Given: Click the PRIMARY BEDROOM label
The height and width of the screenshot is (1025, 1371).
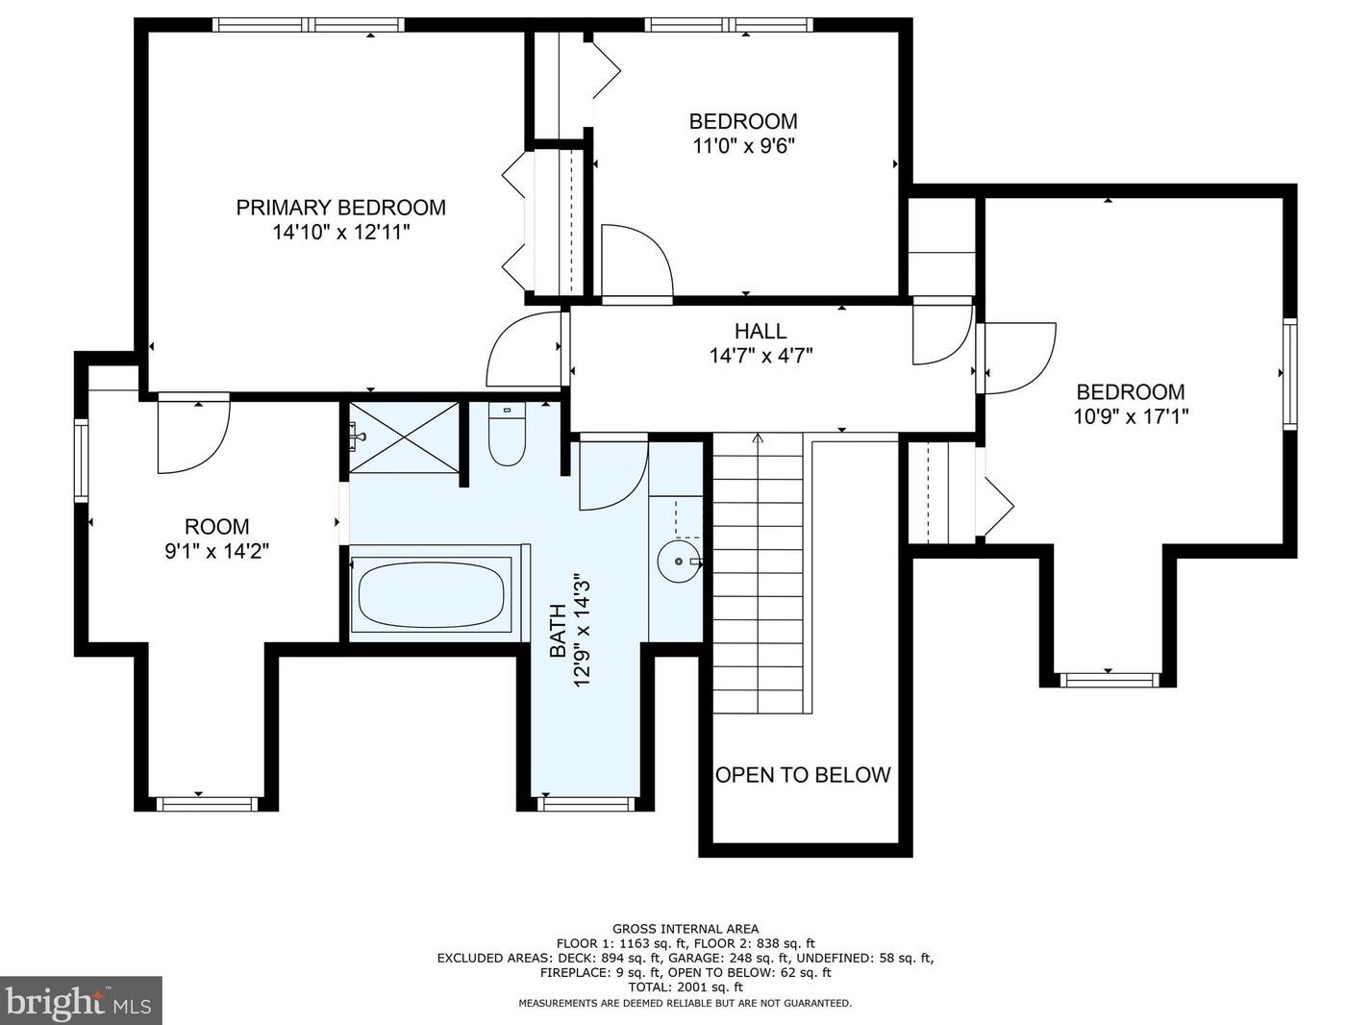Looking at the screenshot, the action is pyautogui.click(x=341, y=208).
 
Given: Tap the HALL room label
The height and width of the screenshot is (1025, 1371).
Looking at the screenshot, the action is pyautogui.click(x=760, y=331).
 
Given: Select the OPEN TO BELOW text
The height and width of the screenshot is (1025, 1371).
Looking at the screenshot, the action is pyautogui.click(x=803, y=775).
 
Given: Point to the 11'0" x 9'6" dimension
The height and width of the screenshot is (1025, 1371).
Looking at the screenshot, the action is pyautogui.click(x=743, y=145).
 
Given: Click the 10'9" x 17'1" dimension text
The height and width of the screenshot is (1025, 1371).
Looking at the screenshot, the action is pyautogui.click(x=1131, y=416).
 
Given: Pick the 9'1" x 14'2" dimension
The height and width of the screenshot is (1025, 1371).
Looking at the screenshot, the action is pyautogui.click(x=216, y=551).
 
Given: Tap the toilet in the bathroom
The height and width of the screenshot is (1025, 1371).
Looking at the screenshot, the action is pyautogui.click(x=507, y=434).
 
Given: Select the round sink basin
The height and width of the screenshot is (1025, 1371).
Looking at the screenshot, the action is pyautogui.click(x=678, y=562).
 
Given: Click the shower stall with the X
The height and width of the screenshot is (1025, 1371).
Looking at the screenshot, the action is pyautogui.click(x=404, y=437).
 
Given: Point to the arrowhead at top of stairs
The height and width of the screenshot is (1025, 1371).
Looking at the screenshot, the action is pyautogui.click(x=759, y=437).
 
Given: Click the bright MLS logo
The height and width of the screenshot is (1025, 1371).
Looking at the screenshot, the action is pyautogui.click(x=81, y=1001).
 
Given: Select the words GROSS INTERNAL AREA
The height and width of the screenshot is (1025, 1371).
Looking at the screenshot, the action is pyautogui.click(x=685, y=929).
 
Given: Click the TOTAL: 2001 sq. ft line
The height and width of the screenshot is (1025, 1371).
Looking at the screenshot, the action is pyautogui.click(x=685, y=987).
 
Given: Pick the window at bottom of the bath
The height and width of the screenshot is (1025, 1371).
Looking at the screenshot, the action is pyautogui.click(x=586, y=804).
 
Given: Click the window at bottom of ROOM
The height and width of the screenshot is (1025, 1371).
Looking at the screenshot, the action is pyautogui.click(x=206, y=804).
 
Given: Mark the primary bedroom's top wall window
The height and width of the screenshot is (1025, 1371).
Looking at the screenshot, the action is pyautogui.click(x=309, y=25).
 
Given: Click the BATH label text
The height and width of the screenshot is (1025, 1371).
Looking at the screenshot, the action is pyautogui.click(x=557, y=631).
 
